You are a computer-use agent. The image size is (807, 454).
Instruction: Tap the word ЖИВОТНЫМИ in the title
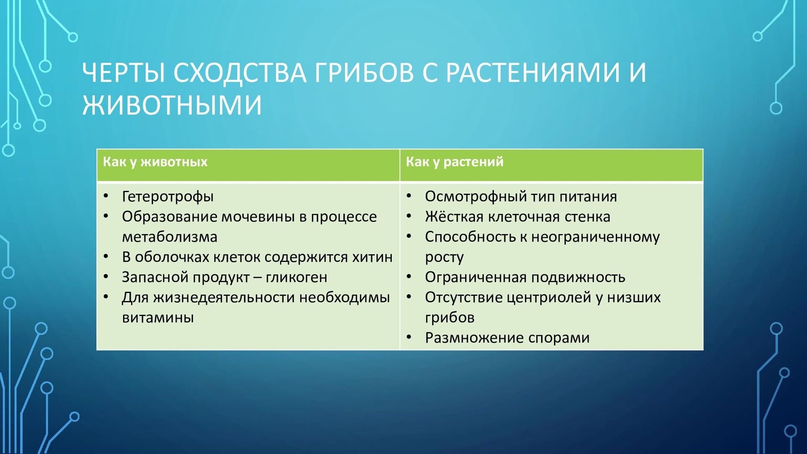click(172, 105)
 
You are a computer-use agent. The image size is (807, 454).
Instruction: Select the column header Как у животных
click(155, 162)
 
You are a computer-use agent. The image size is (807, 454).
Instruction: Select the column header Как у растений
click(454, 162)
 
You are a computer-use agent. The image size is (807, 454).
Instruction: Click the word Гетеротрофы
click(168, 197)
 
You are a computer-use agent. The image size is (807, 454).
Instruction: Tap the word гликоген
click(296, 277)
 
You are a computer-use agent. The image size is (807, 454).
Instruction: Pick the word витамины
click(158, 318)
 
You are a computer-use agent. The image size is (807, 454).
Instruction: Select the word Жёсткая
click(454, 216)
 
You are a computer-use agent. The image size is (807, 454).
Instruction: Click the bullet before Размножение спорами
click(409, 337)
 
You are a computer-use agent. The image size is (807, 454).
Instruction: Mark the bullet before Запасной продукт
click(106, 277)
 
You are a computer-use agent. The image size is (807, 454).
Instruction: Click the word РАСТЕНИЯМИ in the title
click(533, 72)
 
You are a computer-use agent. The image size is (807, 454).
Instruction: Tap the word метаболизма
click(169, 237)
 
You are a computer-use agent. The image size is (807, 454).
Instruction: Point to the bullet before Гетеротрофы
click(106, 196)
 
